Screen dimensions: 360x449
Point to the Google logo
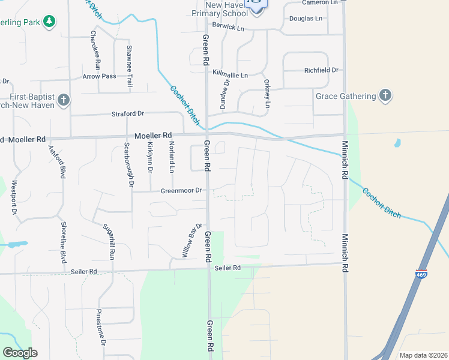[x=20, y=353]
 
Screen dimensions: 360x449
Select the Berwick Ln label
[x=229, y=28]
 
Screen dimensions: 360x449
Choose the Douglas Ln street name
[x=306, y=19]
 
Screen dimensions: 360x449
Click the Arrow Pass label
[x=99, y=76]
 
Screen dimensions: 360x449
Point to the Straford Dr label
[x=128, y=113]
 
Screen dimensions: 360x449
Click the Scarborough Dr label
[x=128, y=164]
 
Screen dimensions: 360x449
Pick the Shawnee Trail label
[x=129, y=67]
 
